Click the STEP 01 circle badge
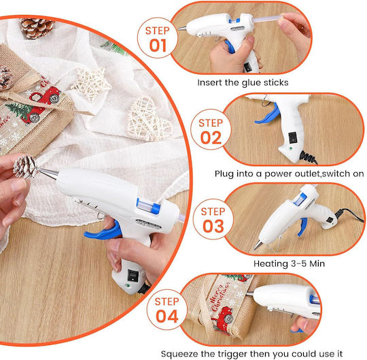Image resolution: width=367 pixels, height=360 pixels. tap(158, 37)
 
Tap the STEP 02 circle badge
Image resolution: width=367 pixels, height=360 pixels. tap(211, 129)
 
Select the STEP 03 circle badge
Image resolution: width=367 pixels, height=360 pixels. tap(213, 219)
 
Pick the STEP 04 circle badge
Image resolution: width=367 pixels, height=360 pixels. tap(167, 310)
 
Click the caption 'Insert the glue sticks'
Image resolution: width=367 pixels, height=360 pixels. tap(243, 83)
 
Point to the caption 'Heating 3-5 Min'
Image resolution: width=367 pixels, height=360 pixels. tap(289, 263)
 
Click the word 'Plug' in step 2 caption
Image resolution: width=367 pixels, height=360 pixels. tap(224, 174)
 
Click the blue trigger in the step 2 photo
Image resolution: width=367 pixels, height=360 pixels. tap(268, 114)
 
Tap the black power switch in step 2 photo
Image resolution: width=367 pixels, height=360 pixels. tap(292, 137)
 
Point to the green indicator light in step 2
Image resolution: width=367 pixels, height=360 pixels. tap(290, 148)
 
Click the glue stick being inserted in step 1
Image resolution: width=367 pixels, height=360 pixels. tap(268, 18)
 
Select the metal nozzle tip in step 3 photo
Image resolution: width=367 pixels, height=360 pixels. tap(258, 245)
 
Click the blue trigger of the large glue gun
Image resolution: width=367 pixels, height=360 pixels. tap(104, 231)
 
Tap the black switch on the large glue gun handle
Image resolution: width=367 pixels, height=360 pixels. tap(133, 276)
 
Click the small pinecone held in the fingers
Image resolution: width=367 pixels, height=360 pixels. tap(25, 166)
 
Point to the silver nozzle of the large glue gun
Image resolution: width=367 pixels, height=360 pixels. tap(48, 174)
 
